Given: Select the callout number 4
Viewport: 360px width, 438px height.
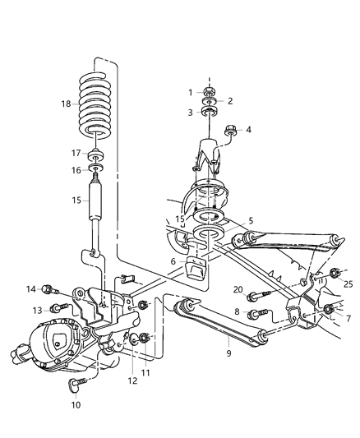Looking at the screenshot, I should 248,128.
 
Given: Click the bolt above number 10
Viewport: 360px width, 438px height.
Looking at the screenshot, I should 80,384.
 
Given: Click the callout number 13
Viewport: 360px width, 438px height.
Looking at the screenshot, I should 38,309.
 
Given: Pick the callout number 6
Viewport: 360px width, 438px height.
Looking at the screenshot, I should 173,261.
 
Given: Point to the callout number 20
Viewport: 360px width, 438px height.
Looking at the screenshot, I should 238,289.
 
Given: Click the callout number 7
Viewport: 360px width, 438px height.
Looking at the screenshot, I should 348,317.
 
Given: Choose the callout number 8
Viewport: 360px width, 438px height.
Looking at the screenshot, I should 238,312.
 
